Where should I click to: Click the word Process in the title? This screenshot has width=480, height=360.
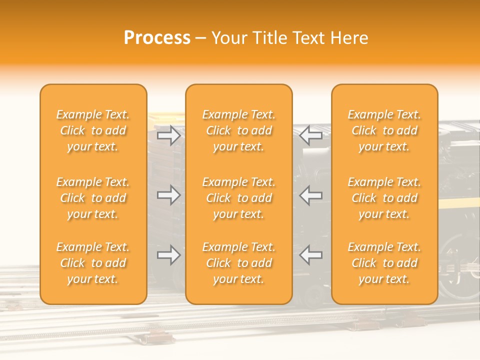pos(157,38)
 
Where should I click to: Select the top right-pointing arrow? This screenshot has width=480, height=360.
pos(168,135)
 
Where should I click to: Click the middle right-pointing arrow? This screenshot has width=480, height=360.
pos(168,195)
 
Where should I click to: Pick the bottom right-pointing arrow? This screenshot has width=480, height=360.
pos(168,255)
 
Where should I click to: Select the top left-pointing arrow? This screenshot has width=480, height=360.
pos(311,135)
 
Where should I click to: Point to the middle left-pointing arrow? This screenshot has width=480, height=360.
pos(311,195)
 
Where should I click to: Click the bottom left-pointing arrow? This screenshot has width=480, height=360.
pos(311,255)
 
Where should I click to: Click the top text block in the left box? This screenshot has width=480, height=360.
pos(93,130)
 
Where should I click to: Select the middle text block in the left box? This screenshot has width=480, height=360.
pos(93,198)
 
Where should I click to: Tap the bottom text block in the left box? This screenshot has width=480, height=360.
pos(93,263)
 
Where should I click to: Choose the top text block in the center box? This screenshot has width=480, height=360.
pos(239,130)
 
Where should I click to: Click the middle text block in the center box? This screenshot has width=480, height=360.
pos(239,198)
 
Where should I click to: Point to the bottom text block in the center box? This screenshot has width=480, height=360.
pos(239,263)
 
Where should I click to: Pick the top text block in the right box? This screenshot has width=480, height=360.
pos(384,130)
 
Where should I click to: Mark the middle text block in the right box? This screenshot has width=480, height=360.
pos(384,198)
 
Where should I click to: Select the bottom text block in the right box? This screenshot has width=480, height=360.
pos(384,263)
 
